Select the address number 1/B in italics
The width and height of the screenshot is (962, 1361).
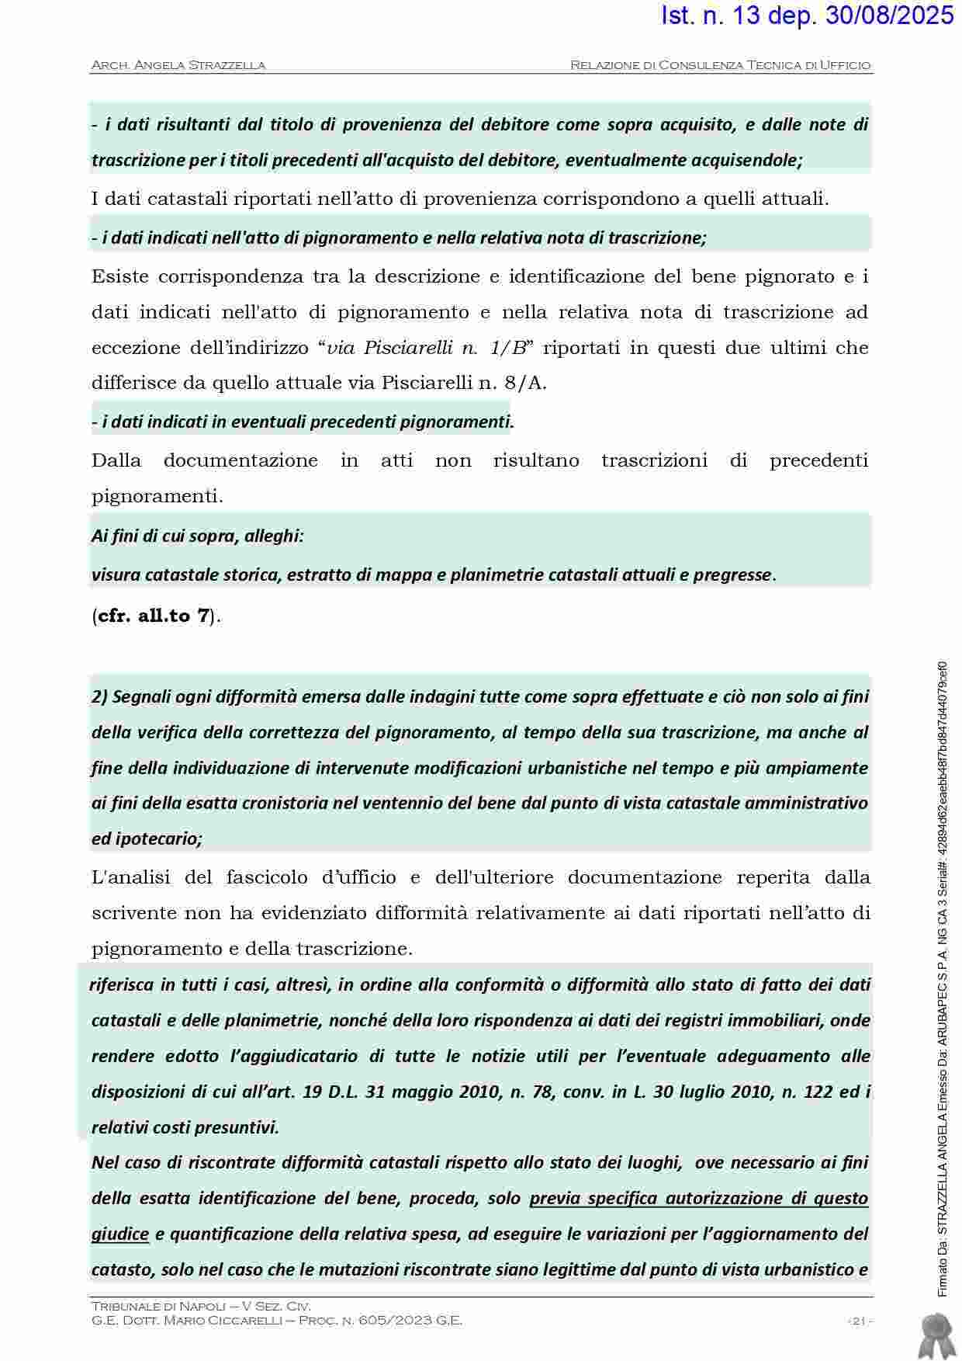[508, 348]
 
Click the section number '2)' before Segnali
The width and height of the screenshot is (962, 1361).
[99, 696]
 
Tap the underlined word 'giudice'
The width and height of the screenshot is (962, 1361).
[119, 1234]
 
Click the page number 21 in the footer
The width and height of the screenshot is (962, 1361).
[858, 1321]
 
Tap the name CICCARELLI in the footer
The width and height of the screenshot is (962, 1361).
[257, 1321]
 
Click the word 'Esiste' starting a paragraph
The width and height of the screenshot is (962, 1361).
[117, 277]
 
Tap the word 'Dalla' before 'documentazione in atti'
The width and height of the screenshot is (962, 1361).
[116, 461]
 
